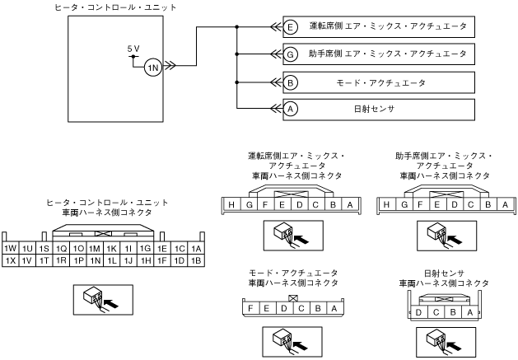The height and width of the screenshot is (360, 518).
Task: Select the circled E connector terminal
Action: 291,26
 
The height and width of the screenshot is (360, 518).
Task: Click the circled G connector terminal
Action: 291,54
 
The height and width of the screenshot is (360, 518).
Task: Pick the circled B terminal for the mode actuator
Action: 291,82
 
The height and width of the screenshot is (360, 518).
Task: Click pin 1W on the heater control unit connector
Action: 11,248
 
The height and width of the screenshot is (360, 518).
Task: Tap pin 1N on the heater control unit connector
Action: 96,260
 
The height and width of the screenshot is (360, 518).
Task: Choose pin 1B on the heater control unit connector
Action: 195,260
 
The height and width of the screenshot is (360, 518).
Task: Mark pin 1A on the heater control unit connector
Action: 195,248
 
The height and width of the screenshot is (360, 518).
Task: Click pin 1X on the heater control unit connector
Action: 11,260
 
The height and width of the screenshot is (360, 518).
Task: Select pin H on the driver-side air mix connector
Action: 233,205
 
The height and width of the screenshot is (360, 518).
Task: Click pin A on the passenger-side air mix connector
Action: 500,205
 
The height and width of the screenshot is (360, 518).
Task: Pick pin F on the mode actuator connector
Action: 248,309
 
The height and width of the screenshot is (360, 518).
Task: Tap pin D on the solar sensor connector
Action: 422,312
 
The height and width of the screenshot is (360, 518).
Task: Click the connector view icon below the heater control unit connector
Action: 96,298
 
